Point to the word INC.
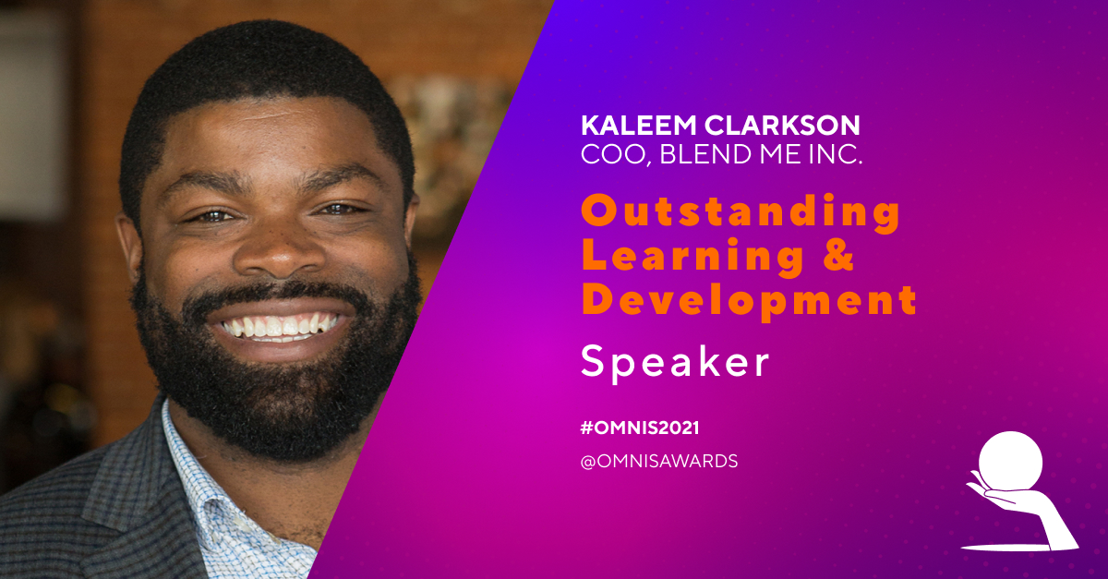836,154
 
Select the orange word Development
749,300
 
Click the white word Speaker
675,363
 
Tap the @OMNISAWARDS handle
658,461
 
